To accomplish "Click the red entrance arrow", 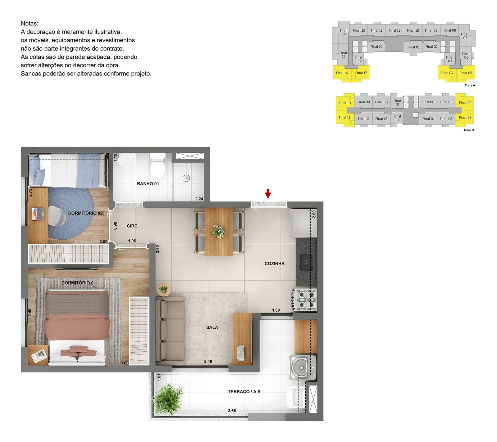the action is [268, 193].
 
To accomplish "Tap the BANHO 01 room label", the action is [148, 184].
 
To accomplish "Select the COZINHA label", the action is [275, 264].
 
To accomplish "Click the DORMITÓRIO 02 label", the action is [85, 213].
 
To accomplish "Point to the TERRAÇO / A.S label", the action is [244, 392].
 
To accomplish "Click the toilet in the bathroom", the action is [157, 165].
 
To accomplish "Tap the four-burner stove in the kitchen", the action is [304, 300].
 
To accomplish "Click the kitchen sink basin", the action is [306, 262].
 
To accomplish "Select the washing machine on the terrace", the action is [303, 368].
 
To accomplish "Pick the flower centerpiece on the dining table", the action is [218, 231].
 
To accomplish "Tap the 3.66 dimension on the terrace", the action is [232, 411].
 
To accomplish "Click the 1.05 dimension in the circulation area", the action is [132, 241].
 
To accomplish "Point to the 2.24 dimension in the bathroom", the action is [199, 199].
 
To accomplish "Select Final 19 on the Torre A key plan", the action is [376, 47].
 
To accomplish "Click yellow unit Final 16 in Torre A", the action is [342, 73].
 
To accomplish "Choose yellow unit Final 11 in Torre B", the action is [344, 118].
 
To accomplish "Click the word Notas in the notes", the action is [30, 24].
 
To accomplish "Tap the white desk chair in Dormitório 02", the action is [57, 216].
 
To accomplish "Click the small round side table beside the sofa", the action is [163, 290].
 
